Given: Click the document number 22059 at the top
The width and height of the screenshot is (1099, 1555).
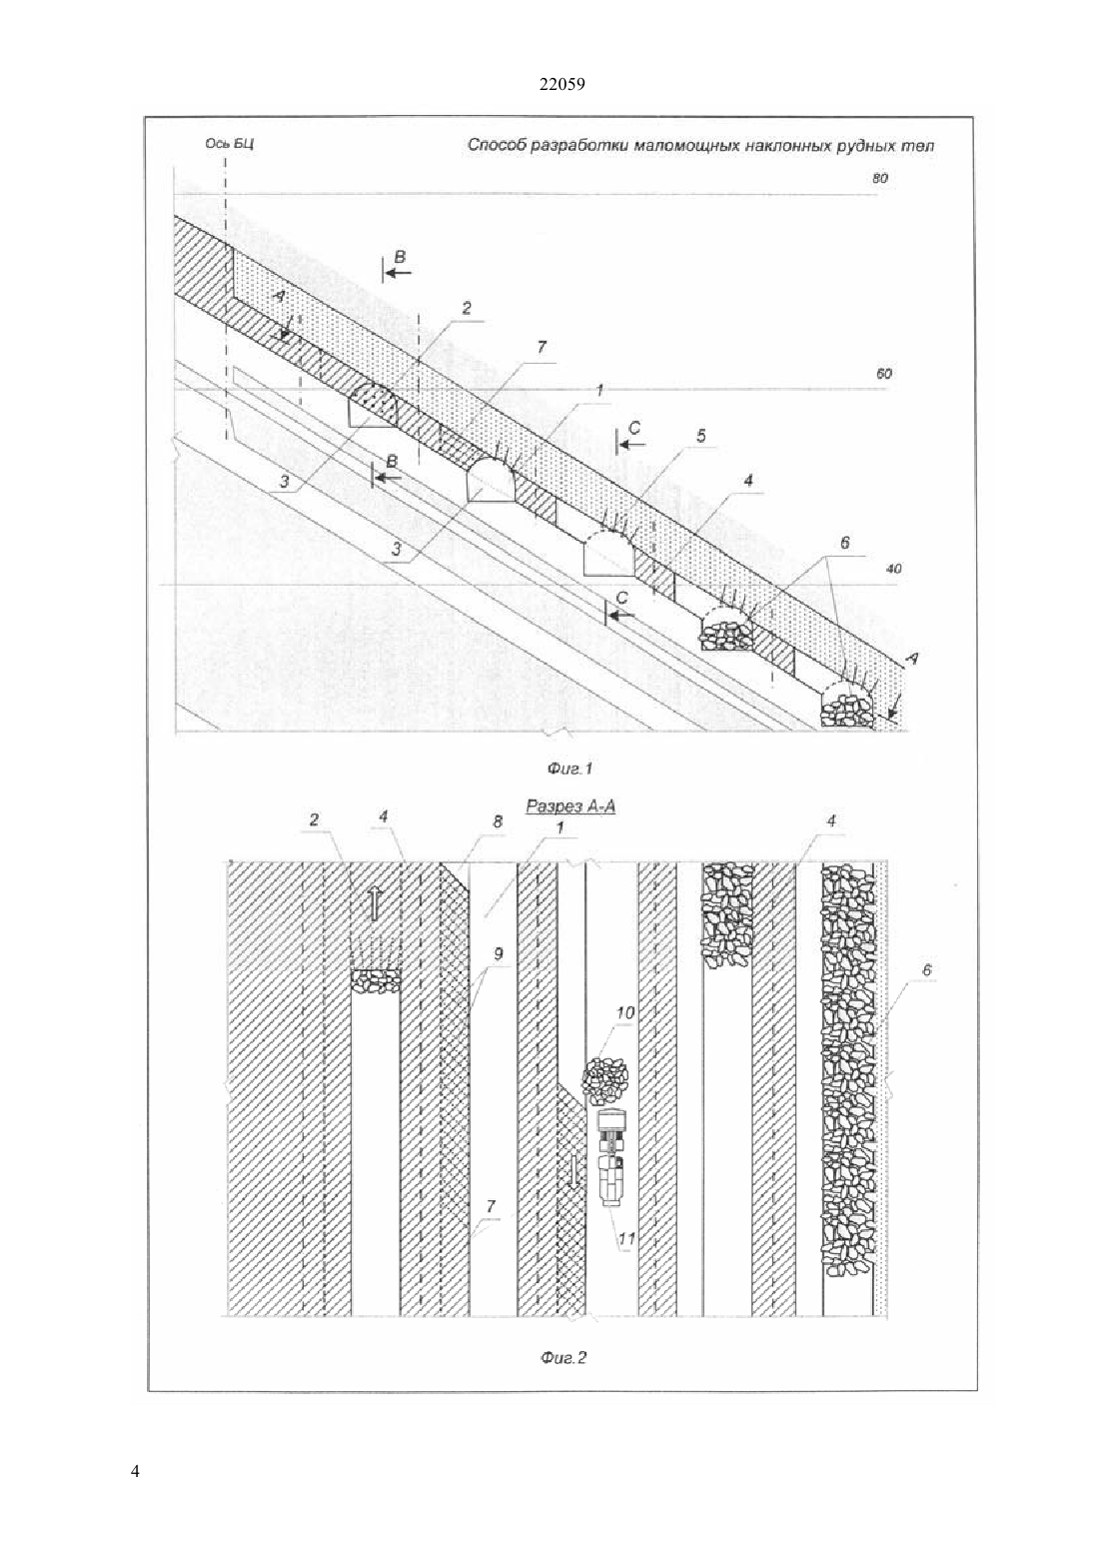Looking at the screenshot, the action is [561, 84].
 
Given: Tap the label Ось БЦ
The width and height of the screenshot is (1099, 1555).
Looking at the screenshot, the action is [229, 144].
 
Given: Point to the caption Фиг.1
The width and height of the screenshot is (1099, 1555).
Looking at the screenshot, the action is [568, 769].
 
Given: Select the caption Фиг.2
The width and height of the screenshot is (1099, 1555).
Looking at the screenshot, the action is [563, 1357].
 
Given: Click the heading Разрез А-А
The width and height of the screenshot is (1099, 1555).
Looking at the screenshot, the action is [571, 805].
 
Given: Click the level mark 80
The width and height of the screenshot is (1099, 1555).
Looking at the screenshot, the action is [879, 179].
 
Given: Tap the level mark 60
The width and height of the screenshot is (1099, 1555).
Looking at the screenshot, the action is [883, 374].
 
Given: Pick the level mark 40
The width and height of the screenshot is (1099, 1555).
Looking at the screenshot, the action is [893, 570].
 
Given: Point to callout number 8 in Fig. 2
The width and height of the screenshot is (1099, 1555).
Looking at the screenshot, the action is [498, 821].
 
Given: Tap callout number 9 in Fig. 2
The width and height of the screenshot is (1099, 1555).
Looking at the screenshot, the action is [499, 954].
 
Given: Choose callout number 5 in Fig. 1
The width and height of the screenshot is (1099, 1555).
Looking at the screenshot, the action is [700, 436].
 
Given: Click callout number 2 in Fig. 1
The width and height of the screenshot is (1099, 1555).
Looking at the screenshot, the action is [467, 308].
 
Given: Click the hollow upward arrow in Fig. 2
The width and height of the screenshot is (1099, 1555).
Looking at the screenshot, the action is [374, 905].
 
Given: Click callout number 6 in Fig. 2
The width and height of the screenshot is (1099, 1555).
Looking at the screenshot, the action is [927, 969].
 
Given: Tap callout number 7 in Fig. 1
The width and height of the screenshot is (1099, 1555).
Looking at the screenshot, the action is [542, 347].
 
